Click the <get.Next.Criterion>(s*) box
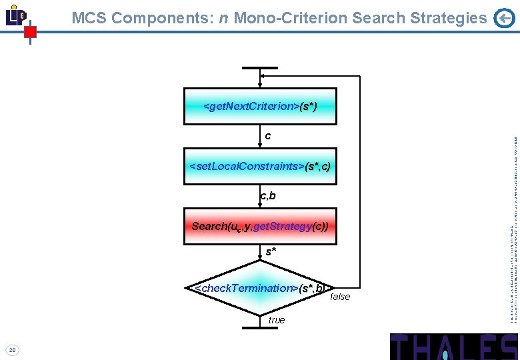tap(260, 106)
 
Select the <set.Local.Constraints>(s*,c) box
tap(260, 166)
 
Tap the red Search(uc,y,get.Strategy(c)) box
tap(260, 226)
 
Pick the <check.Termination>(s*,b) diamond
tap(260, 288)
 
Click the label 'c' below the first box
tap(268, 136)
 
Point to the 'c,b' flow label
tap(268, 196)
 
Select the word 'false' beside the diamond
tap(340, 297)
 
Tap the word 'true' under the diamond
tap(277, 320)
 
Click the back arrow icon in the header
tap(505, 19)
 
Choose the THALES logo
tap(453, 347)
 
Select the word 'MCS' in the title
tap(89, 19)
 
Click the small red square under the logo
tap(30, 31)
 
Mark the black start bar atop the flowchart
tap(260, 68)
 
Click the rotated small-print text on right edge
tap(513, 220)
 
